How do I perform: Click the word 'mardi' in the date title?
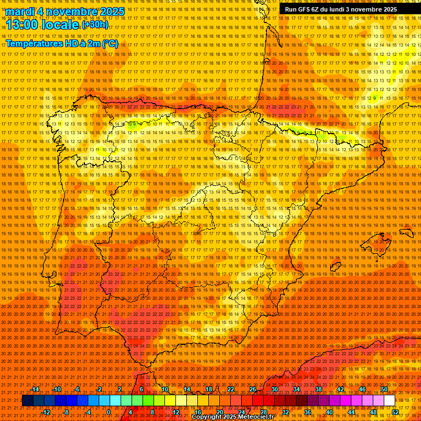20,12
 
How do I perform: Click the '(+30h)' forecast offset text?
95,25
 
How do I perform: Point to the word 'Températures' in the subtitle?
35,43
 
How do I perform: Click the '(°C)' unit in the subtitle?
110,43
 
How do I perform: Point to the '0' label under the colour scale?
109,412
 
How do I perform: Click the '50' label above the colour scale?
384,389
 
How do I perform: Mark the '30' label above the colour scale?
274,389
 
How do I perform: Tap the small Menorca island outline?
406,232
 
